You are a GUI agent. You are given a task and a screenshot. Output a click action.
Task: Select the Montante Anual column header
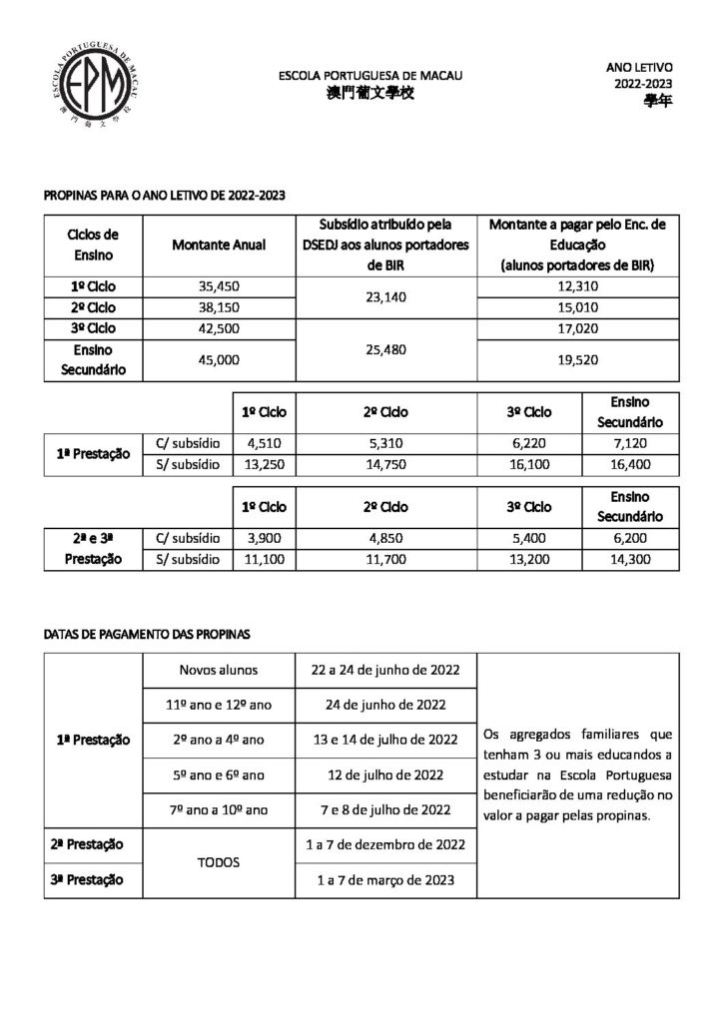(x=219, y=246)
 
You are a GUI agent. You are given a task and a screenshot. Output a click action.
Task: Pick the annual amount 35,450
(x=221, y=286)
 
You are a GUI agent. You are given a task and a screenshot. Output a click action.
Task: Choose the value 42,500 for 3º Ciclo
(x=221, y=328)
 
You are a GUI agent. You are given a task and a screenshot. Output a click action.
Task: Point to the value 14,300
(x=629, y=559)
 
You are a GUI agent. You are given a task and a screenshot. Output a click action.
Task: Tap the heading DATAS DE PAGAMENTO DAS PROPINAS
(x=148, y=633)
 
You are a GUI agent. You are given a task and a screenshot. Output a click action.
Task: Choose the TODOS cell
(x=219, y=860)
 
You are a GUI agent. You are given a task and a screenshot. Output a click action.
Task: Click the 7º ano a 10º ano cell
(x=219, y=807)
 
